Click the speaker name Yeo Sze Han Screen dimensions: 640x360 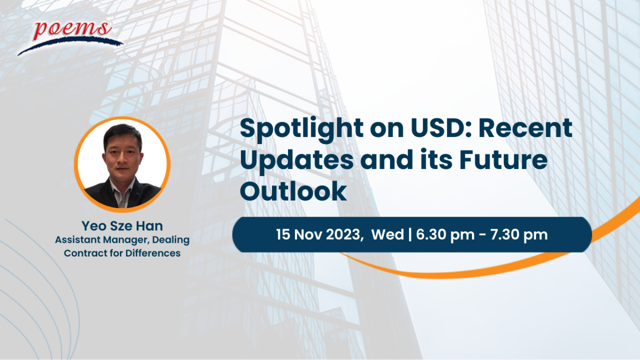(x=122, y=226)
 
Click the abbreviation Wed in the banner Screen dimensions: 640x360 (x=387, y=234)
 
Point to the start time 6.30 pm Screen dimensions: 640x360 (x=445, y=235)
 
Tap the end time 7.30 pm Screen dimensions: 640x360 (x=519, y=235)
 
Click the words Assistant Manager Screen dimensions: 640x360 (x=102, y=240)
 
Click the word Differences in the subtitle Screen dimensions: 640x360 (x=153, y=253)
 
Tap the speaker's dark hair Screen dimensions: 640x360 (x=122, y=134)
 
